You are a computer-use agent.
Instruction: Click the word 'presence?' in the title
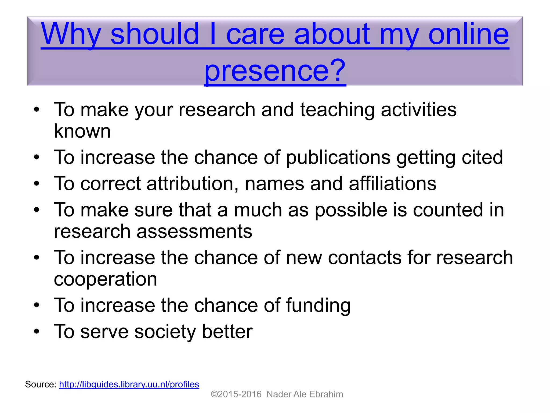pyautogui.click(x=275, y=70)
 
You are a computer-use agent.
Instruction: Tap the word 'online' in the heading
pyautogui.click(x=468, y=34)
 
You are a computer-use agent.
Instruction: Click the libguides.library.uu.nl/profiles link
pyautogui.click(x=129, y=384)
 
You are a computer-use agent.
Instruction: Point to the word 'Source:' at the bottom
pyautogui.click(x=41, y=384)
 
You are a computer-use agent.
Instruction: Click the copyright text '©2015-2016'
pyautogui.click(x=236, y=394)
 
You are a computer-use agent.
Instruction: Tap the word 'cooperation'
pyautogui.click(x=105, y=279)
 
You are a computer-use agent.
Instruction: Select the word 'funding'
pyautogui.click(x=318, y=305)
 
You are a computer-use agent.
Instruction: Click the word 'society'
pyautogui.click(x=165, y=331)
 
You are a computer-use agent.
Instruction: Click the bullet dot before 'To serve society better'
pyautogui.click(x=37, y=332)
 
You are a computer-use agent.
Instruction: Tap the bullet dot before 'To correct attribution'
pyautogui.click(x=37, y=184)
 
